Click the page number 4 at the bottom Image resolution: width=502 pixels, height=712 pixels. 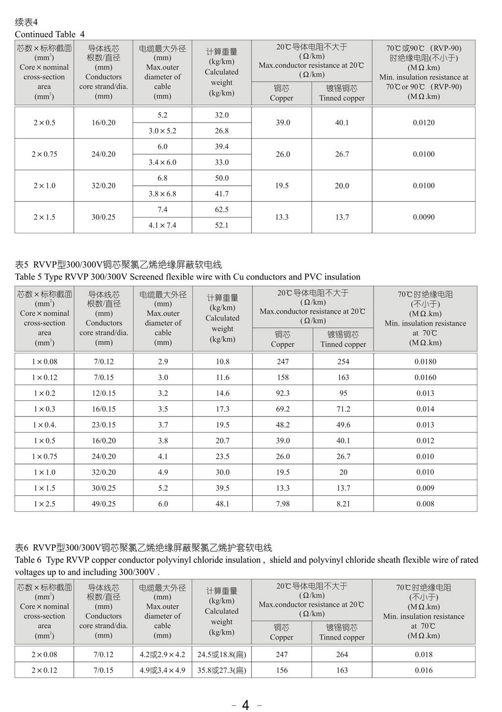[245, 705]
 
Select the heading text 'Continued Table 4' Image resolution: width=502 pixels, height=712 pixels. [49, 34]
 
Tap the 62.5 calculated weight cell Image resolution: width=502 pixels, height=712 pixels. [221, 210]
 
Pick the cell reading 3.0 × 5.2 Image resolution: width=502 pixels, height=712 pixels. [162, 131]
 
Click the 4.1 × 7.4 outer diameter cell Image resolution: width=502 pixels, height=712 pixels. [162, 225]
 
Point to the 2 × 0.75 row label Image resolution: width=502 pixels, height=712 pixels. [44, 154]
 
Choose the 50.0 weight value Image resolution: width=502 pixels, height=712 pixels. [221, 178]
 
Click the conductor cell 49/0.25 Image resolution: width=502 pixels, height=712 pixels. [103, 504]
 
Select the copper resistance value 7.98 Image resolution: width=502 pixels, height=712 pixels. [283, 504]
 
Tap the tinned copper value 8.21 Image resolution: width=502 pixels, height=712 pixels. [343, 504]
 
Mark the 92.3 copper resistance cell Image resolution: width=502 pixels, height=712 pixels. [283, 393]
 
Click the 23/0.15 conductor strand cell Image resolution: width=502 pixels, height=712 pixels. [103, 425]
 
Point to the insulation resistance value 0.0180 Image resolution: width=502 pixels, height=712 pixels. [425, 362]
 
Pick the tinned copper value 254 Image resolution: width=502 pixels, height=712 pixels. [343, 362]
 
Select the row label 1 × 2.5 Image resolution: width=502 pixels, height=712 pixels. [44, 504]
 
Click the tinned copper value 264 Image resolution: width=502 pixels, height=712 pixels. [342, 655]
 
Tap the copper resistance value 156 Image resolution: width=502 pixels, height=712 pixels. [282, 670]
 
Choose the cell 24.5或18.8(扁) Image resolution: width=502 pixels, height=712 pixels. [221, 655]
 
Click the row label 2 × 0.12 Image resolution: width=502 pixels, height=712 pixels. [44, 670]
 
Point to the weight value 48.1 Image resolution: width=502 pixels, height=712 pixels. [222, 504]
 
